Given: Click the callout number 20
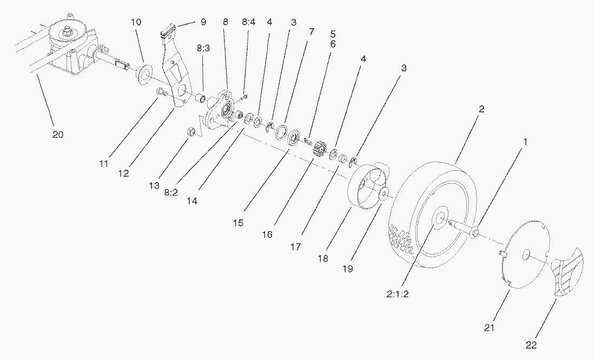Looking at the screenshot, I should pyautogui.click(x=58, y=135).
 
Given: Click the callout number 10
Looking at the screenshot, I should pyautogui.click(x=136, y=22).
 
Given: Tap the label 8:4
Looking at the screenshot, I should pyautogui.click(x=248, y=22).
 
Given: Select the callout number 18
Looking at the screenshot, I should pyautogui.click(x=323, y=258).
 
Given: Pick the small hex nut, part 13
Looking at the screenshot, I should pyautogui.click(x=190, y=131).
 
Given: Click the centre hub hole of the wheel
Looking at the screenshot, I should pyautogui.click(x=439, y=218).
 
